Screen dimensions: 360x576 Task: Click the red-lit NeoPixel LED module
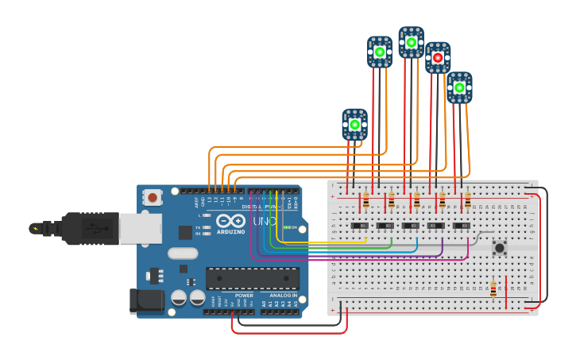437,58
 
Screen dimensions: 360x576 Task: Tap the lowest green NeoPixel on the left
354,125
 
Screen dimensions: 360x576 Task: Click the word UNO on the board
265,221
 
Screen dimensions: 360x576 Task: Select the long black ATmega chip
253,278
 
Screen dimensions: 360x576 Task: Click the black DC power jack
145,300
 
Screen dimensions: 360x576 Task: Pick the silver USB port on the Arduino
141,228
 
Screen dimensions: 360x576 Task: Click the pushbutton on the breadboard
500,248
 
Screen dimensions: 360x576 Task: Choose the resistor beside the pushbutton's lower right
493,288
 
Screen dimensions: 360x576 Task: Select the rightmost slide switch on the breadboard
461,226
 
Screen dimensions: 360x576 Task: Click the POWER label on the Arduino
244,296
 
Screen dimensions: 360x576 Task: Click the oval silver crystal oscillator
182,254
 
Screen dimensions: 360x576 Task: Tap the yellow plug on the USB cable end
34,229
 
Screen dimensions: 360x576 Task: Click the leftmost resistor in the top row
365,200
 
